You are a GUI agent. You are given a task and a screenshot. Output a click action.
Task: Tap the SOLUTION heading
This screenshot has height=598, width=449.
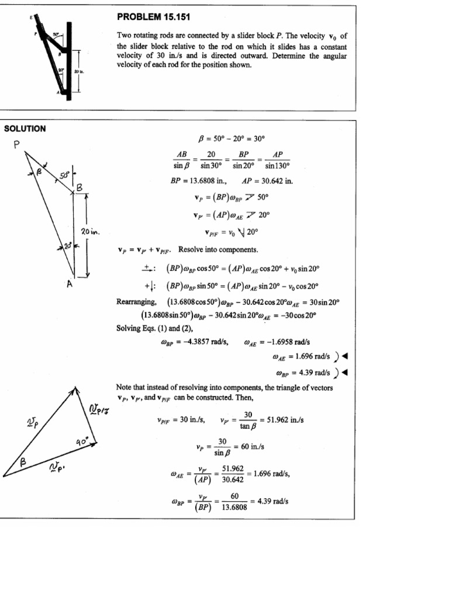[25, 128]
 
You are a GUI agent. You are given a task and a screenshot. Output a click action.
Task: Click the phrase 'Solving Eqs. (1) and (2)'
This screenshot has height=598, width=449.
[151, 328]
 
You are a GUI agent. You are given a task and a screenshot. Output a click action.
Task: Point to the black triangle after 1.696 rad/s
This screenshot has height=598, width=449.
[345, 356]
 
